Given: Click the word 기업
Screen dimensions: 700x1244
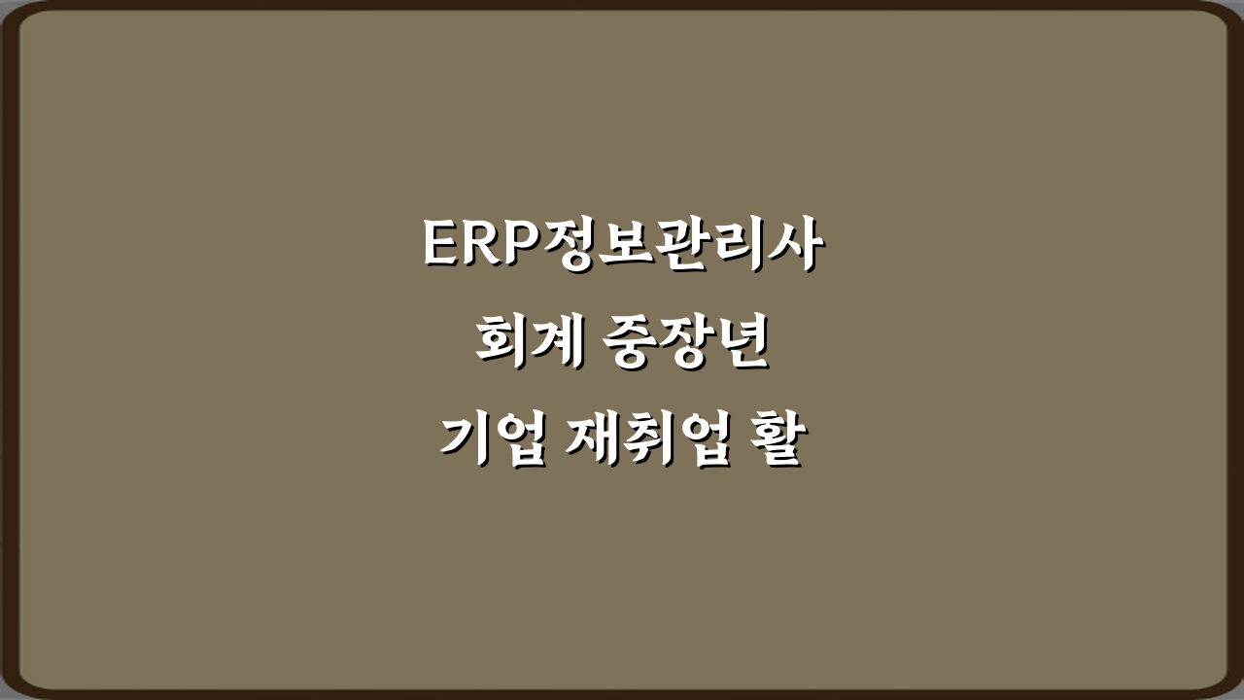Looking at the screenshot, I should pos(493,442).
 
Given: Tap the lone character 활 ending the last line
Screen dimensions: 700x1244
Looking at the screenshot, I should pos(775,442).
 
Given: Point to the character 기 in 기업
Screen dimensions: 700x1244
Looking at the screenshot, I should pos(465,442).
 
